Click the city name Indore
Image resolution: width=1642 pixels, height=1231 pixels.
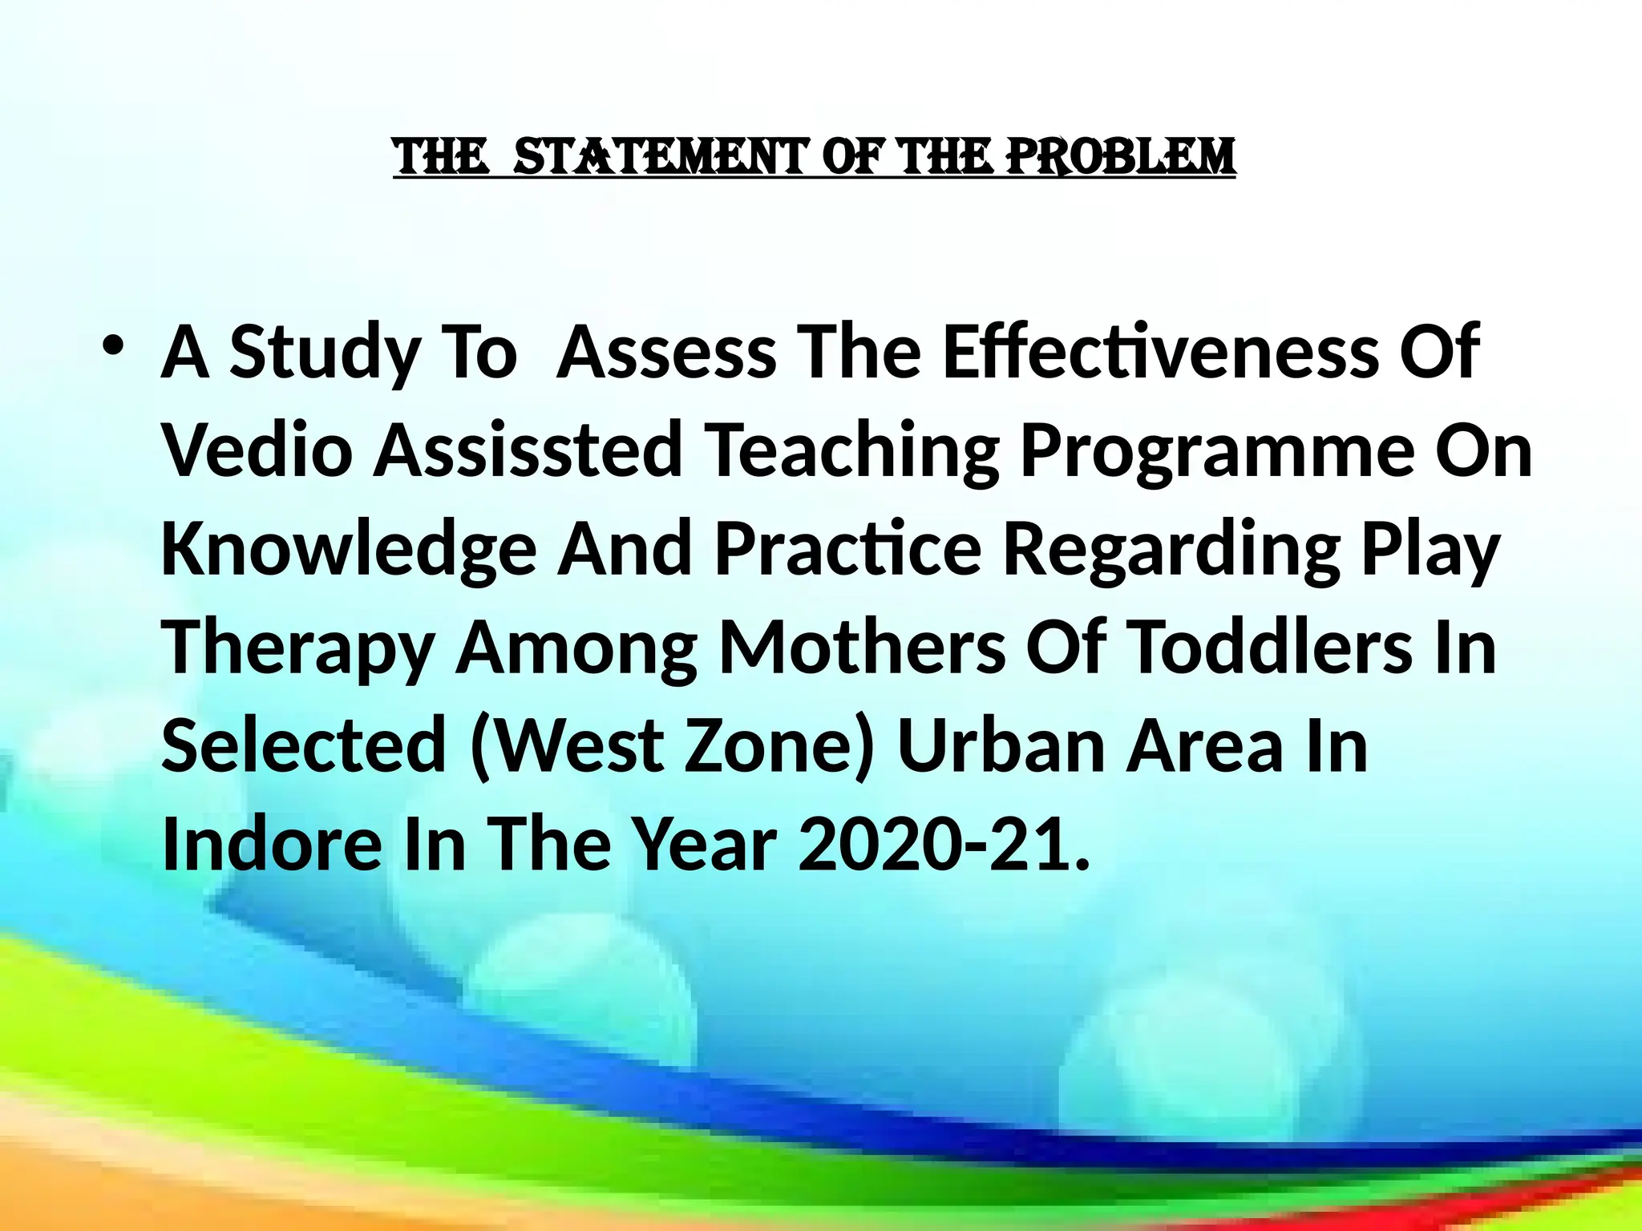click(x=271, y=845)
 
